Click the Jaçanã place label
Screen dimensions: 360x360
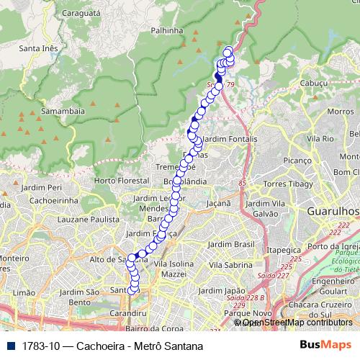[218, 204]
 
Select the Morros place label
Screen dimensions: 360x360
[340, 112]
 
